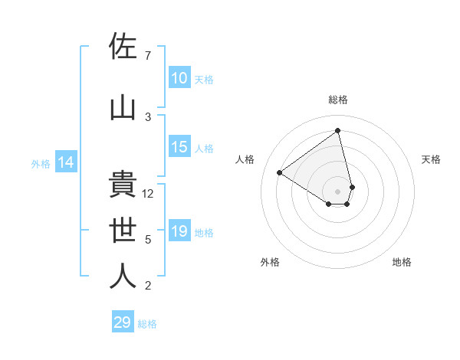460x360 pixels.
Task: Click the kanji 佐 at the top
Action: tap(123, 47)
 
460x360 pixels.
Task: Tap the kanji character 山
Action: tap(123, 108)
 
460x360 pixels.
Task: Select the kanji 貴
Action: tap(123, 185)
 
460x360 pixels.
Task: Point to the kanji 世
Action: tap(123, 231)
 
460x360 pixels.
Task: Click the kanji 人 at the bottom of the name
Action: tap(123, 277)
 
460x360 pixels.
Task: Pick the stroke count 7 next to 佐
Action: tap(148, 56)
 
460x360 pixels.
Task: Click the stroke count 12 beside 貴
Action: tap(149, 194)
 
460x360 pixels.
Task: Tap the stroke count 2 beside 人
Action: tap(148, 286)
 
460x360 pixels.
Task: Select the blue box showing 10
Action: tap(179, 78)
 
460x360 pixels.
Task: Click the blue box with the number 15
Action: tap(179, 147)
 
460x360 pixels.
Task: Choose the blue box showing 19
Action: tap(179, 231)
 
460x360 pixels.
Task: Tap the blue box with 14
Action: tap(65, 162)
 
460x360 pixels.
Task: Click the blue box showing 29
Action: tap(123, 322)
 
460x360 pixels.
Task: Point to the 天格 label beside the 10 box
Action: tap(204, 80)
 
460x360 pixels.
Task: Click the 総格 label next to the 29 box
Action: tap(147, 324)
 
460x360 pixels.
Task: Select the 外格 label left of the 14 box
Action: tap(41, 163)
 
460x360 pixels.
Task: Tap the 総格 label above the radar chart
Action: tap(338, 100)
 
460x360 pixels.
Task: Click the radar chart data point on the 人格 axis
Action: tap(280, 173)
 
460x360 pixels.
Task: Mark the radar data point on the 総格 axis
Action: tap(338, 130)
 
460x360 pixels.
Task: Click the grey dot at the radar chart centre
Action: tap(338, 190)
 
